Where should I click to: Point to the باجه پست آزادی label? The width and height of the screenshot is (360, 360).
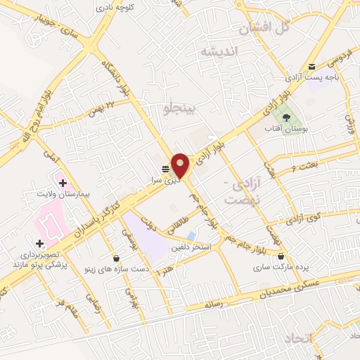313,79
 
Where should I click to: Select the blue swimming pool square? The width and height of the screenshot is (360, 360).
191,235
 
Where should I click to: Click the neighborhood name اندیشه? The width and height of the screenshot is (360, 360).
219,51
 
